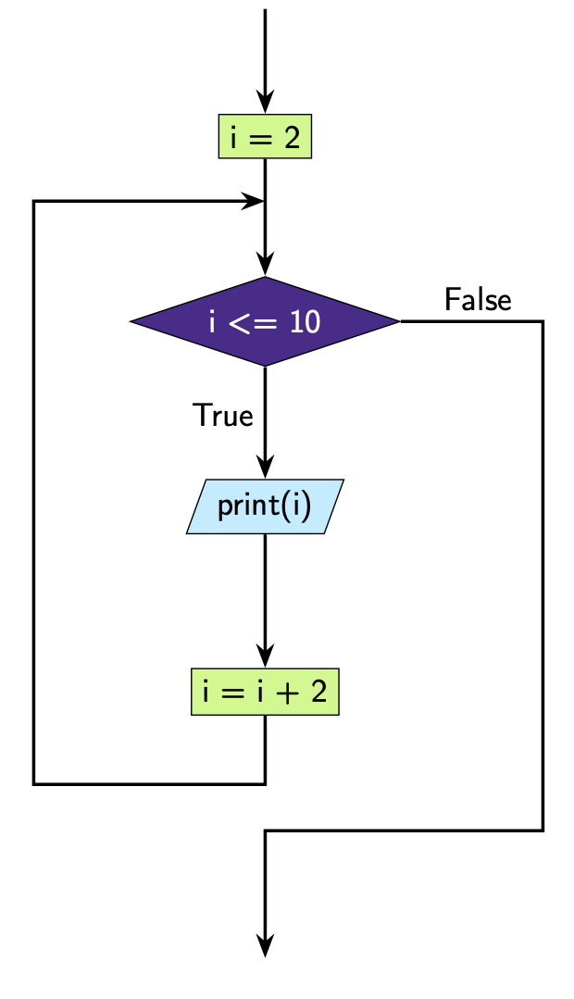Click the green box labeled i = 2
265,137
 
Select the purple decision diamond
265,321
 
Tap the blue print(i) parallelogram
265,506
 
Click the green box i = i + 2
265,692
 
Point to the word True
222,416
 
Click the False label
478,300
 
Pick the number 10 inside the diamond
305,322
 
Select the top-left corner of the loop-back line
33,201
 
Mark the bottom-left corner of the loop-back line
33,783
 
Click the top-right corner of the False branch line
542,321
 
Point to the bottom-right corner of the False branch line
542,830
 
